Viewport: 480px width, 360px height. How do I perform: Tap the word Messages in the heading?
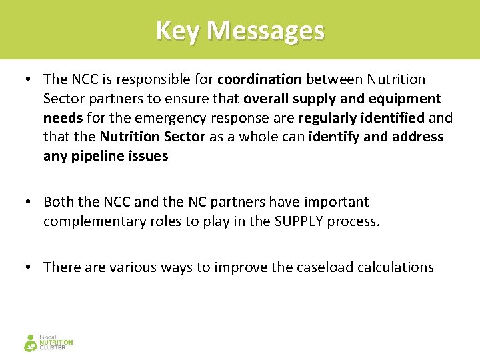point(265,31)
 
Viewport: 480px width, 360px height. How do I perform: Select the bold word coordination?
point(260,79)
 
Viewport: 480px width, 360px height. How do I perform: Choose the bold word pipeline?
point(99,157)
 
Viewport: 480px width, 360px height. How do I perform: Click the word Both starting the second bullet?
point(58,202)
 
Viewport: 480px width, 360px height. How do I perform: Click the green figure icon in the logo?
point(31,343)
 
